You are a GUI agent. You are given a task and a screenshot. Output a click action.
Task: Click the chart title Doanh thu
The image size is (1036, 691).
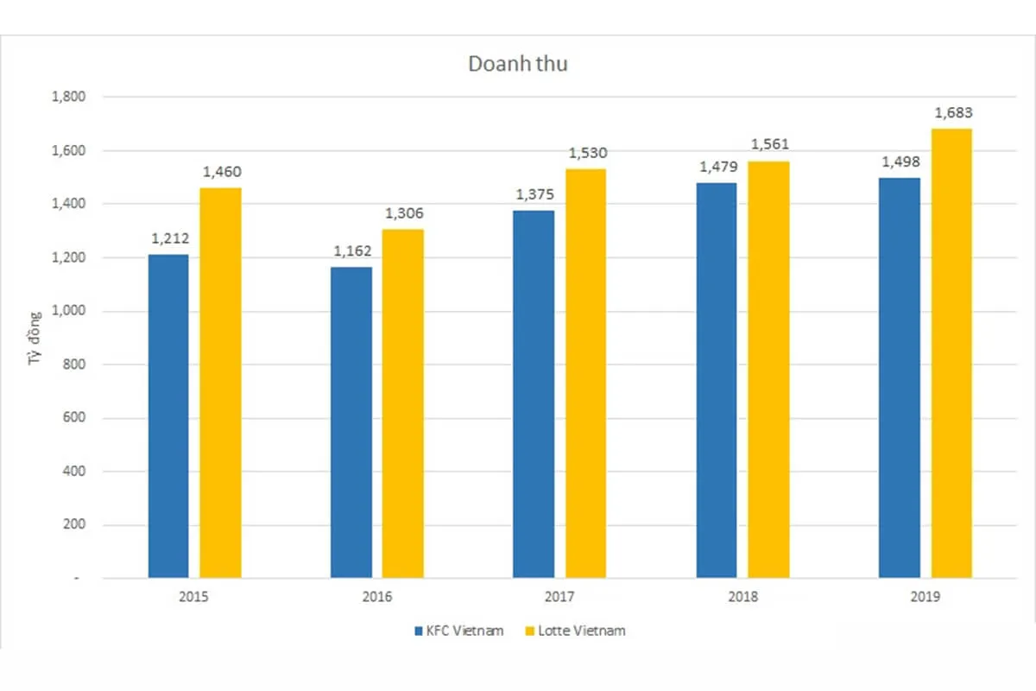click(518, 64)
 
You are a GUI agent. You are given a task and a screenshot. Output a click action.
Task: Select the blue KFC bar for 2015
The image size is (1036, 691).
click(168, 415)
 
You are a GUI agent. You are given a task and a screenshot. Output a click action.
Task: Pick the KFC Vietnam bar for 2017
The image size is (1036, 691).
click(534, 393)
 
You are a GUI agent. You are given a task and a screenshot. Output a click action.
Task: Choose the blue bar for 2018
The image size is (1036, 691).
click(717, 380)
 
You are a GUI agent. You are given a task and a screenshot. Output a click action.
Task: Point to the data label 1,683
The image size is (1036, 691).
click(951, 113)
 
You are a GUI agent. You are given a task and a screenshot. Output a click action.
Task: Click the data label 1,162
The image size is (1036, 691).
click(351, 252)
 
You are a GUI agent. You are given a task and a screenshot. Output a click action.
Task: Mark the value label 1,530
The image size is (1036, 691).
click(587, 154)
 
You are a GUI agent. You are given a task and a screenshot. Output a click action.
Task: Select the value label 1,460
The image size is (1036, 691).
click(222, 173)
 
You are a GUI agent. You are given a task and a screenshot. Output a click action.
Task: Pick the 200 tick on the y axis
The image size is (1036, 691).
click(74, 524)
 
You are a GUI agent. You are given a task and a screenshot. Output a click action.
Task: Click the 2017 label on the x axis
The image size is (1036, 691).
click(559, 597)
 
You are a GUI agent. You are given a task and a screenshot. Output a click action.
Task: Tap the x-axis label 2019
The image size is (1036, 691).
click(925, 597)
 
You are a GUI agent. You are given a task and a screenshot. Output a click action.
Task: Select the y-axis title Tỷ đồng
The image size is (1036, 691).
click(36, 365)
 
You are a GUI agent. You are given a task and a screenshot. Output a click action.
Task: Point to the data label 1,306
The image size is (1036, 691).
click(404, 214)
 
